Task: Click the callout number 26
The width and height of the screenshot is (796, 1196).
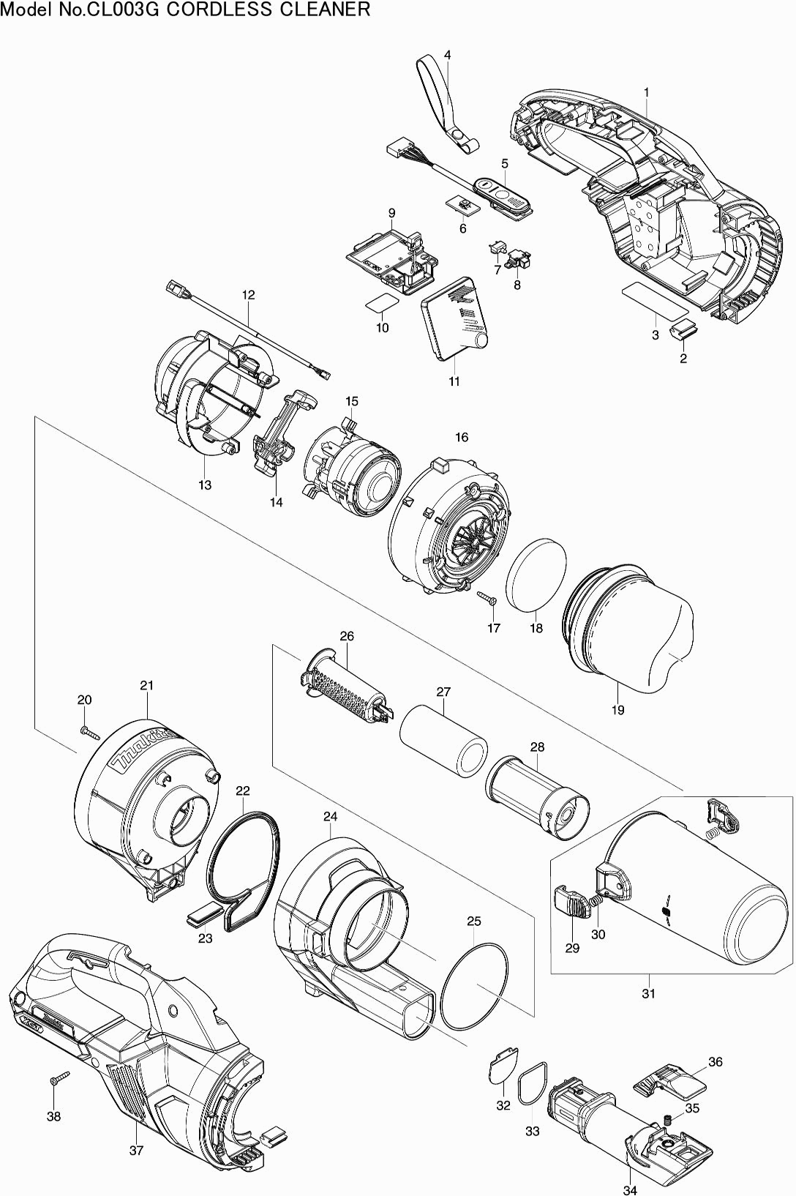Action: click(347, 636)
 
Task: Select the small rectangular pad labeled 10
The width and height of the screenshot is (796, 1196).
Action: click(382, 301)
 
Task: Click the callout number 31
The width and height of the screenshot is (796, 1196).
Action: click(648, 993)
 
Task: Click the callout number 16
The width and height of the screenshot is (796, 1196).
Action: click(461, 437)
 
